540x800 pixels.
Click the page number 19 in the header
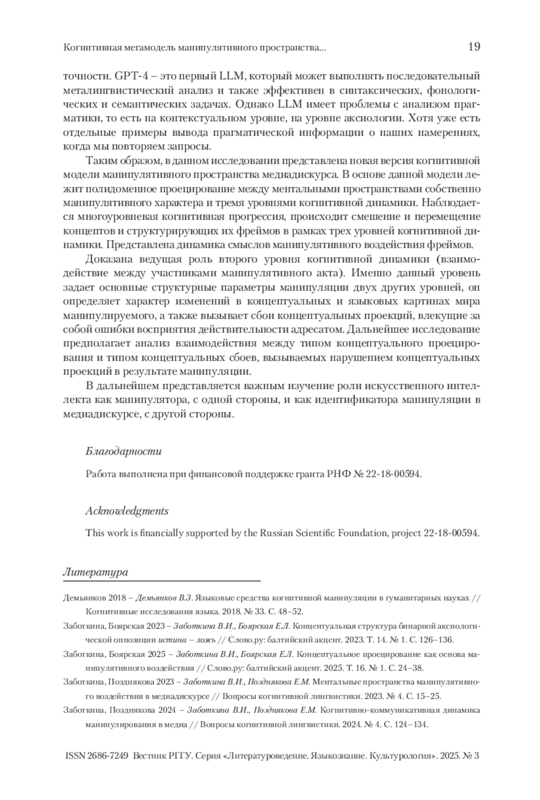[474, 47]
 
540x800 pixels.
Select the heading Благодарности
[123, 451]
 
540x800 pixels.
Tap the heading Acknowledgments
[127, 511]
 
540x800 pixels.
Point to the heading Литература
[95, 572]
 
